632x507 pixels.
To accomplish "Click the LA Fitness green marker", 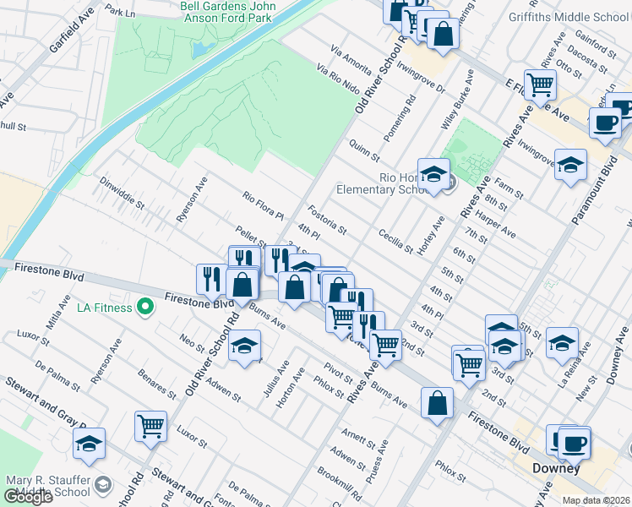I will point(144,307).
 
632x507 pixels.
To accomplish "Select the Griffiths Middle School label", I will point(569,17).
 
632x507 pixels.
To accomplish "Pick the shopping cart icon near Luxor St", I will point(150,426).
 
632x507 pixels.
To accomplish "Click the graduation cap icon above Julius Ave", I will point(244,346).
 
